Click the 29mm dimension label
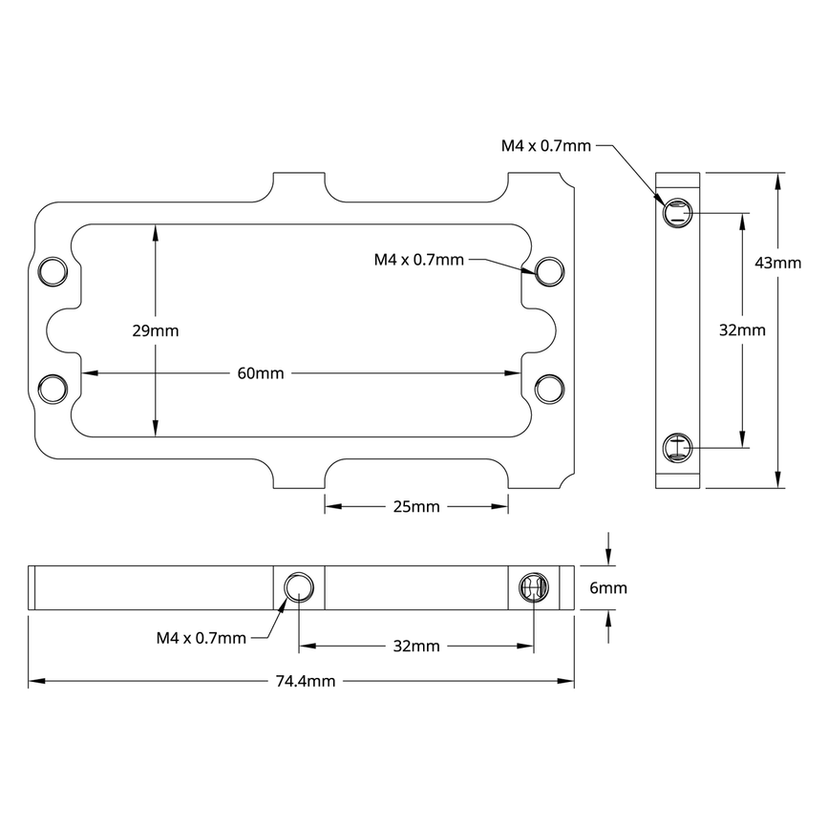pyautogui.click(x=155, y=330)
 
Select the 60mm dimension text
pyautogui.click(x=260, y=373)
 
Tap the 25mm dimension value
pyautogui.click(x=416, y=506)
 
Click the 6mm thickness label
pyautogui.click(x=607, y=588)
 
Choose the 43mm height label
pyautogui.click(x=777, y=263)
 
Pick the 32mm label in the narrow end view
pyautogui.click(x=741, y=330)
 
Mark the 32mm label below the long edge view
pyautogui.click(x=416, y=646)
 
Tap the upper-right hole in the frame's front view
pyautogui.click(x=549, y=271)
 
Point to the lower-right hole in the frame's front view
pyautogui.click(x=549, y=389)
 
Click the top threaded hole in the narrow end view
pyautogui.click(x=677, y=214)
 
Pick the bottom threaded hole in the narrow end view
pyautogui.click(x=677, y=446)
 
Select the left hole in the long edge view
pyautogui.click(x=299, y=587)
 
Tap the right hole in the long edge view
pyautogui.click(x=531, y=587)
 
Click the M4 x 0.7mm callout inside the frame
pyautogui.click(x=418, y=260)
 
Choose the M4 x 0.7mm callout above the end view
pyautogui.click(x=546, y=146)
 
